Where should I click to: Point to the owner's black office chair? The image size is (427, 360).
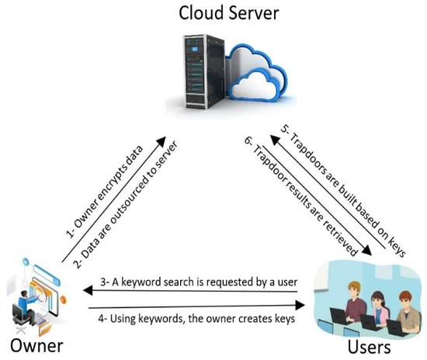(x=19, y=314)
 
